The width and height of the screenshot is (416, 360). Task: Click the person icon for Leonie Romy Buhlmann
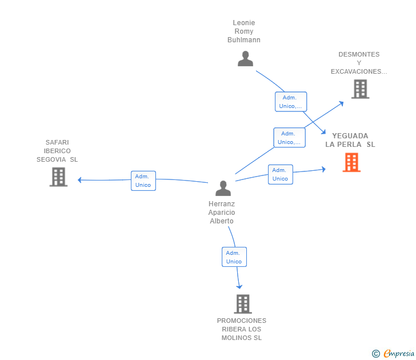point(245,59)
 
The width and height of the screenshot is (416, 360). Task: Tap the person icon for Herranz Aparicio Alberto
point(223,189)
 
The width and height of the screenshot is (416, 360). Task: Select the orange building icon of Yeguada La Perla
point(351,162)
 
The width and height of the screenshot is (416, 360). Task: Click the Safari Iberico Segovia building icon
point(58,177)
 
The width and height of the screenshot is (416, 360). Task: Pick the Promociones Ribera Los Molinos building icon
point(243,304)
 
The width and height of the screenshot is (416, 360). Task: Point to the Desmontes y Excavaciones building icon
point(360,89)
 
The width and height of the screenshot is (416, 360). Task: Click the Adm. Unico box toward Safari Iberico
point(143,181)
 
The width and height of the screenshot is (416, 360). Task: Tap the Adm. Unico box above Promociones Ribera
point(234,257)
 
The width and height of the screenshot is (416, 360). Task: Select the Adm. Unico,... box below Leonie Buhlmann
point(291,102)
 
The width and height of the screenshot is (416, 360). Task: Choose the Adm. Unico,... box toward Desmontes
point(290,137)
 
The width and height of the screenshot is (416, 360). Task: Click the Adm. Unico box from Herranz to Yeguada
point(281,174)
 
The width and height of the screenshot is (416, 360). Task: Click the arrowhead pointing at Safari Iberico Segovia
point(79,180)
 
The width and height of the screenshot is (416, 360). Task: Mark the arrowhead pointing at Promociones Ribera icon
point(239,287)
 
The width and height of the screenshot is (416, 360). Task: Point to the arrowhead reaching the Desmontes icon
point(341,103)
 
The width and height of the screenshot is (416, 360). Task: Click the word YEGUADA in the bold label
point(350,136)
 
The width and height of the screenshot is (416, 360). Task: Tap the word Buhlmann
point(244,40)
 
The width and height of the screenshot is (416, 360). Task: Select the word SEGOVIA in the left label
point(51,159)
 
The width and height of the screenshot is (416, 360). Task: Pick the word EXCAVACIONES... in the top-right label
point(359,71)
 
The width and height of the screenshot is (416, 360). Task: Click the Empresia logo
point(393,353)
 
